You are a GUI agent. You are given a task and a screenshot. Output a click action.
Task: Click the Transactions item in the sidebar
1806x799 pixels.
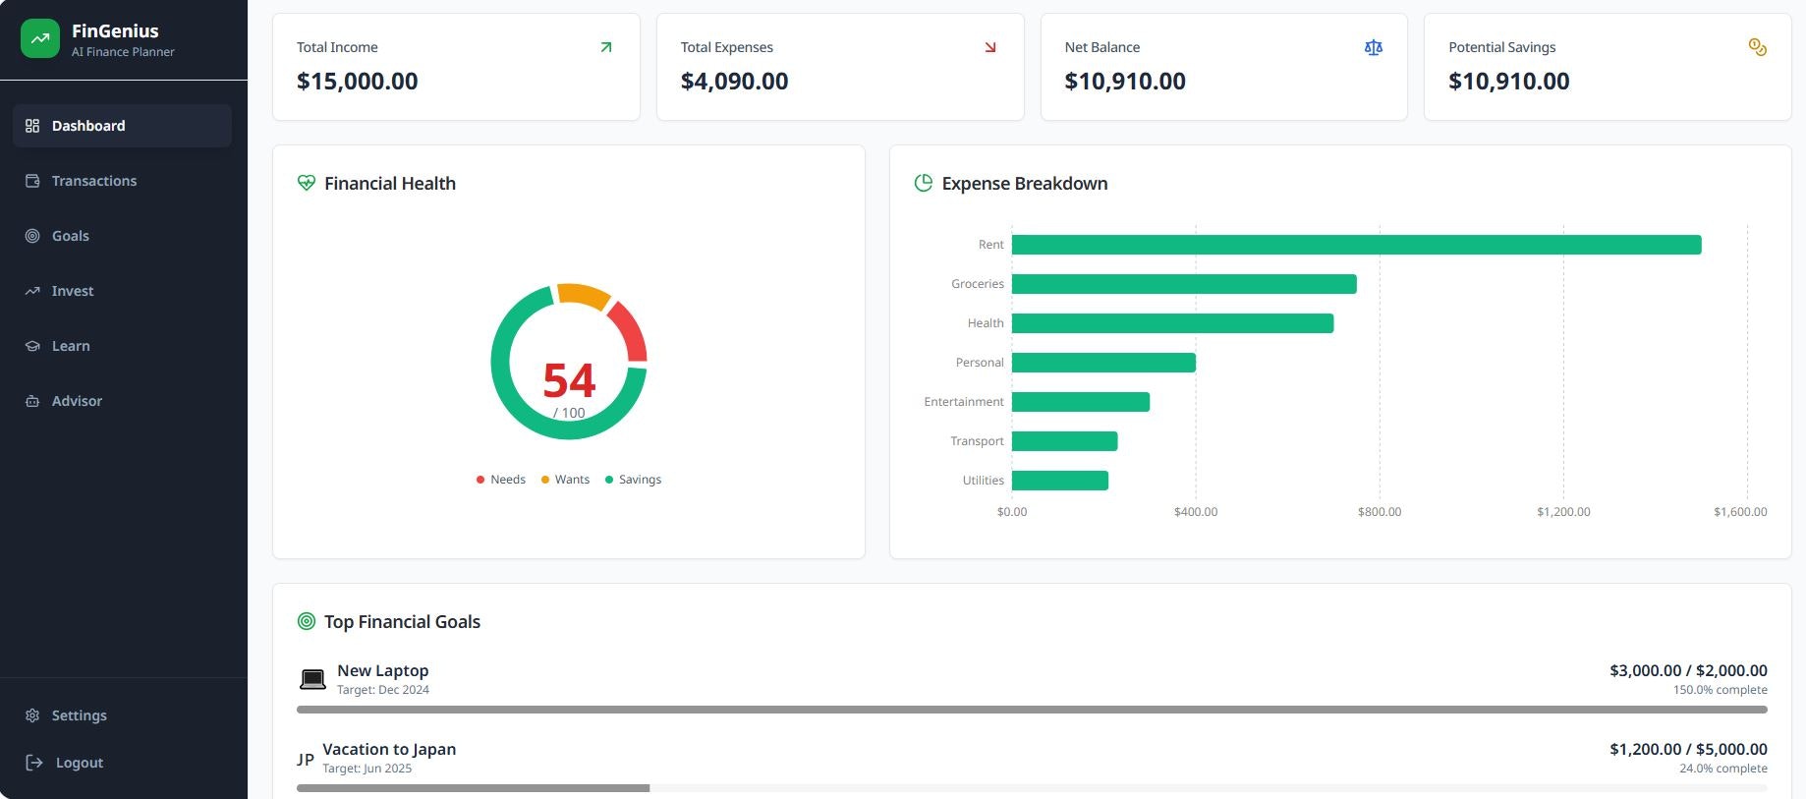click(93, 181)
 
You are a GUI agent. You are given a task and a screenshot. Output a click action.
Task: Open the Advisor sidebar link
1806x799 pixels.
click(77, 401)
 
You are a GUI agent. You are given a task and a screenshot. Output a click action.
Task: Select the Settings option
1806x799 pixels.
click(79, 715)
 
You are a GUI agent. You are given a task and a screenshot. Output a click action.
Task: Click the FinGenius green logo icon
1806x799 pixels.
click(40, 39)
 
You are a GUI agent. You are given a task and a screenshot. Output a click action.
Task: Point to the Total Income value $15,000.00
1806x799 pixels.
click(358, 82)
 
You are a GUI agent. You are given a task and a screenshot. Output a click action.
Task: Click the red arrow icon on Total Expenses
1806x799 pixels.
click(990, 47)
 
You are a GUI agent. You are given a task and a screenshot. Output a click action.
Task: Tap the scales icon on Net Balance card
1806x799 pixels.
click(1374, 47)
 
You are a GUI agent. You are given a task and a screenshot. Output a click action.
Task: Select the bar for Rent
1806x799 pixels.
click(1356, 245)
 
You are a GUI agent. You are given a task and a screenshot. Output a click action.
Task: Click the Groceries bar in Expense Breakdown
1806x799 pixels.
click(1184, 284)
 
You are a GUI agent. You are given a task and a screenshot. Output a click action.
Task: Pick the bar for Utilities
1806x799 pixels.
click(1060, 481)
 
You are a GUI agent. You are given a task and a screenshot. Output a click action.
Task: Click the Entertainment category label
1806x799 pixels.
click(963, 402)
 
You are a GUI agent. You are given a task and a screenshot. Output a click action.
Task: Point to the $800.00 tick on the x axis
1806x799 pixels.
click(1380, 512)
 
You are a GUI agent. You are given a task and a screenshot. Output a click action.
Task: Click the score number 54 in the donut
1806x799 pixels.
click(569, 380)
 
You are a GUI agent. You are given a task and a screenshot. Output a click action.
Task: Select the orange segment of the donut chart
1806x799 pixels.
click(583, 294)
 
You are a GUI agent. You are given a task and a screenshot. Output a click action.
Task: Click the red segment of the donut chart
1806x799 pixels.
click(629, 330)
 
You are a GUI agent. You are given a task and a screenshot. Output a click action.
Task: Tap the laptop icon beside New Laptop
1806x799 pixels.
click(312, 679)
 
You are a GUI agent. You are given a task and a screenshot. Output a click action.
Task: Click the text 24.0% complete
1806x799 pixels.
click(1722, 769)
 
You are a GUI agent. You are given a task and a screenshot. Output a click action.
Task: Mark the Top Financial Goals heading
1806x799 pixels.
click(402, 622)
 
